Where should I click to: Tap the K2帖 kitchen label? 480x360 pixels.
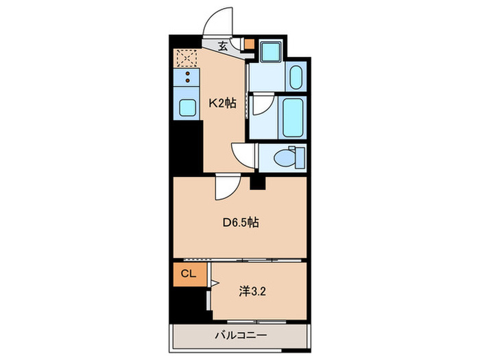click(222, 104)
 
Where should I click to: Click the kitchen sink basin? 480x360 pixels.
click(187, 106)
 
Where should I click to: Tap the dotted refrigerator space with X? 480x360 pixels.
click(186, 58)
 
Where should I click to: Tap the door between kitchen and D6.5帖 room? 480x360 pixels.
click(226, 187)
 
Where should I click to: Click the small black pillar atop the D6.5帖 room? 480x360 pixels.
click(257, 182)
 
